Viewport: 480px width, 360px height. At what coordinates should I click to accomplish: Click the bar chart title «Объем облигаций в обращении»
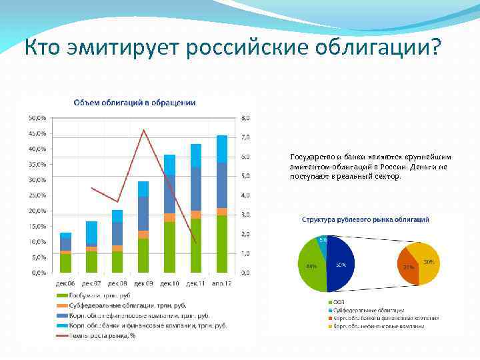pos(134,102)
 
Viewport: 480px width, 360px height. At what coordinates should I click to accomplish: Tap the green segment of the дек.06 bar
pos(65,263)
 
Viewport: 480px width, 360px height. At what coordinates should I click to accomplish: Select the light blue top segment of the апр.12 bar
pos(222,149)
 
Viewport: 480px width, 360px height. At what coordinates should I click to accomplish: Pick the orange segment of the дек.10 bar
pos(170,217)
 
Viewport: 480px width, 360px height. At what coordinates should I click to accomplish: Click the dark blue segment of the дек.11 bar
pos(196,189)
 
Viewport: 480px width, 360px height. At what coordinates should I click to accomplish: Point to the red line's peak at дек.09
pos(143,130)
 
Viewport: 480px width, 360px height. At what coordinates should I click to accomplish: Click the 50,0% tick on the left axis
pos(37,117)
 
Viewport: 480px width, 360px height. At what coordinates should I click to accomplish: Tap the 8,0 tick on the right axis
pos(245,118)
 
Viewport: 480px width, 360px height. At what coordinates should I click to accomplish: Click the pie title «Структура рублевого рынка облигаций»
pos(365,219)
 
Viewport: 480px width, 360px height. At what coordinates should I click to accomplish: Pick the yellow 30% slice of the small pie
pos(427,261)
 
